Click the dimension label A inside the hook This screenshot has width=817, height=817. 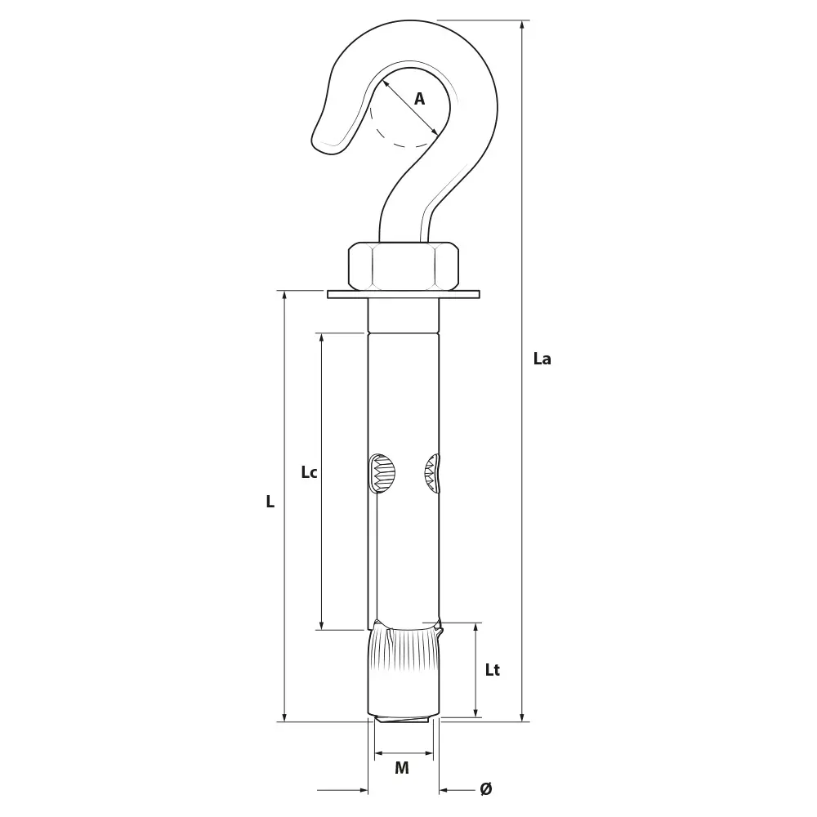click(419, 99)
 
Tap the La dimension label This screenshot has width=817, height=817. click(542, 359)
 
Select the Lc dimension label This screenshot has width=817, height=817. click(309, 472)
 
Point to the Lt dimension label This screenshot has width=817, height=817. click(493, 670)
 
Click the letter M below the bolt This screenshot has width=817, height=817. click(402, 767)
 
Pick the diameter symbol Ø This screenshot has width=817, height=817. click(485, 789)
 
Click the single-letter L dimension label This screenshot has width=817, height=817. click(270, 502)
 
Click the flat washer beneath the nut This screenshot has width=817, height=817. click(404, 294)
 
